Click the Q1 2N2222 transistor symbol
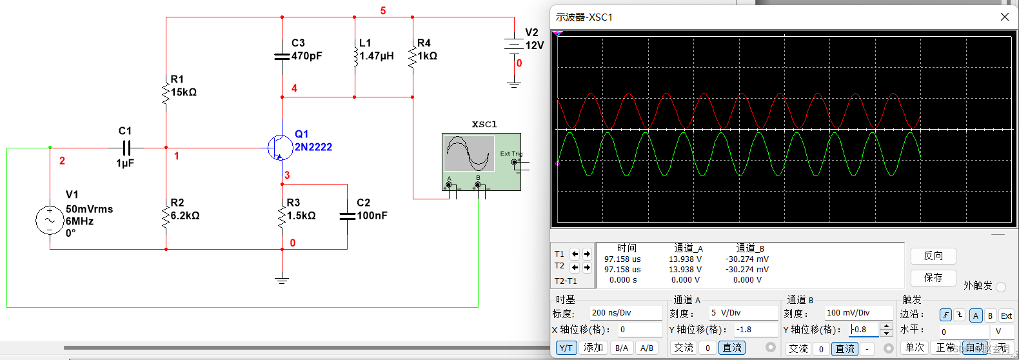[279, 148]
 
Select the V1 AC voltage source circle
[50, 221]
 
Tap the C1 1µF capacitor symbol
[126, 148]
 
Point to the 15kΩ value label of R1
[184, 92]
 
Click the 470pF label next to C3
[306, 56]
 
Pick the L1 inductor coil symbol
[355, 56]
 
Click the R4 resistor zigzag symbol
[412, 56]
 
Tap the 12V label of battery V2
[535, 46]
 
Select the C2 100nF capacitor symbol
[347, 216]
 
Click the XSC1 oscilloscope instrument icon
[481, 161]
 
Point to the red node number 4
[294, 88]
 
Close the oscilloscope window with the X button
[1004, 17]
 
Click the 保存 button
[933, 277]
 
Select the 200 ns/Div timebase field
[626, 313]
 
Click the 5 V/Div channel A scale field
[743, 313]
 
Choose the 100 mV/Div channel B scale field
[858, 313]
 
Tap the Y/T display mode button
[566, 348]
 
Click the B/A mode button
[621, 348]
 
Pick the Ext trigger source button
[1006, 315]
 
